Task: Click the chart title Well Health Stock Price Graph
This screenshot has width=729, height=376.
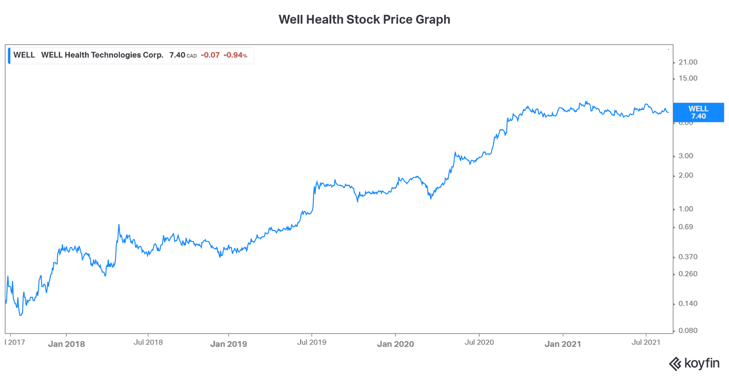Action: point(364,20)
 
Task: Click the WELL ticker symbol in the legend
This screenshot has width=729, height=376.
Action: point(24,55)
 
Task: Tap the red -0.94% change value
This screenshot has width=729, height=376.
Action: point(235,55)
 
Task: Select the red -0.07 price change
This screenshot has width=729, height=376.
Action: point(210,55)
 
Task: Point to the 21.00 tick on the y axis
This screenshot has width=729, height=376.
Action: point(688,62)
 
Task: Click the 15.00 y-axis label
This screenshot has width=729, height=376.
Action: point(688,78)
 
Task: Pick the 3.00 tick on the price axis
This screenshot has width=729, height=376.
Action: point(686,156)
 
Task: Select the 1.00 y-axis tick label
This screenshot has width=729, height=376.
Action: point(686,209)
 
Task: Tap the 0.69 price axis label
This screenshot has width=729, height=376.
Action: point(686,227)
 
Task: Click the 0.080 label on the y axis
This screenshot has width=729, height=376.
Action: point(688,331)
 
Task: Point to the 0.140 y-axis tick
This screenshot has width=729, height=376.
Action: point(688,304)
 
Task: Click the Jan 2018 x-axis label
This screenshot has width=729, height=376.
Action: point(66,344)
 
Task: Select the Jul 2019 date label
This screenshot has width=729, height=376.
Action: point(311,342)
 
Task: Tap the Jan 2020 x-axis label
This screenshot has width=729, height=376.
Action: point(395,344)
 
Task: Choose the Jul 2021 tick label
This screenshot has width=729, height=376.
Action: point(646,342)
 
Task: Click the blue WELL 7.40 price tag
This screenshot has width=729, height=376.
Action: point(698,112)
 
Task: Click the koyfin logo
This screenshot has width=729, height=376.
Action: point(694,364)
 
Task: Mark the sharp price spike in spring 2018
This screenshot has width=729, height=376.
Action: point(119,225)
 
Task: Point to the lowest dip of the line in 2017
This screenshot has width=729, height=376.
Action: point(20,315)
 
